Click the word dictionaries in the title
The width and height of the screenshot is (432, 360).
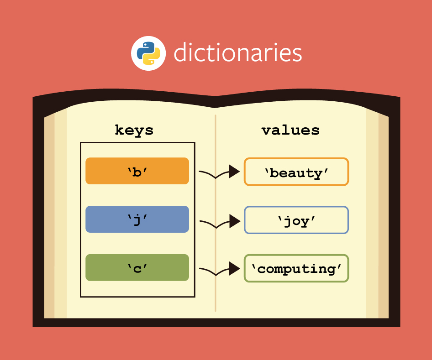[x=237, y=53]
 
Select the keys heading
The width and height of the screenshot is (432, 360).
[x=134, y=130]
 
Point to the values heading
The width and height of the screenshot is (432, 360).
[x=290, y=130]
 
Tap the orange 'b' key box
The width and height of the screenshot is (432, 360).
[x=137, y=171]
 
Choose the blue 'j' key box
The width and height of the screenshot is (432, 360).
[x=137, y=219]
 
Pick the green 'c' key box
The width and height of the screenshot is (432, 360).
[x=137, y=267]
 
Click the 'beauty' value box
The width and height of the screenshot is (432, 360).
[x=296, y=172]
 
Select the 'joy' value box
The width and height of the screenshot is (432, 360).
[x=296, y=220]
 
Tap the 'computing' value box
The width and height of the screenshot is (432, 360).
[x=296, y=268]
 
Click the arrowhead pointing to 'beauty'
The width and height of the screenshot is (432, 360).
[x=234, y=172]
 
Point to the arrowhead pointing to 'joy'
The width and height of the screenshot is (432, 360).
[x=234, y=221]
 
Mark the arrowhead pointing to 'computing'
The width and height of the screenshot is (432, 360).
[x=234, y=269]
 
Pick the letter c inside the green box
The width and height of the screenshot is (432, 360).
[x=137, y=268]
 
